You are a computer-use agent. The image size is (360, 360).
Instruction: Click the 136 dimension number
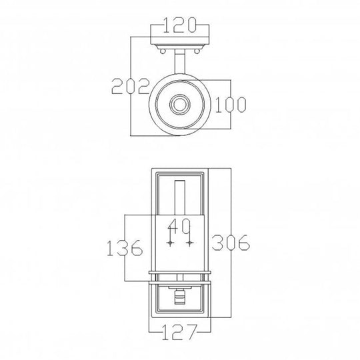125,249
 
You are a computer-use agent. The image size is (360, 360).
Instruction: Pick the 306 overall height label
231,243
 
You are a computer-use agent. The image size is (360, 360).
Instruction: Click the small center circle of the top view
180,105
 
